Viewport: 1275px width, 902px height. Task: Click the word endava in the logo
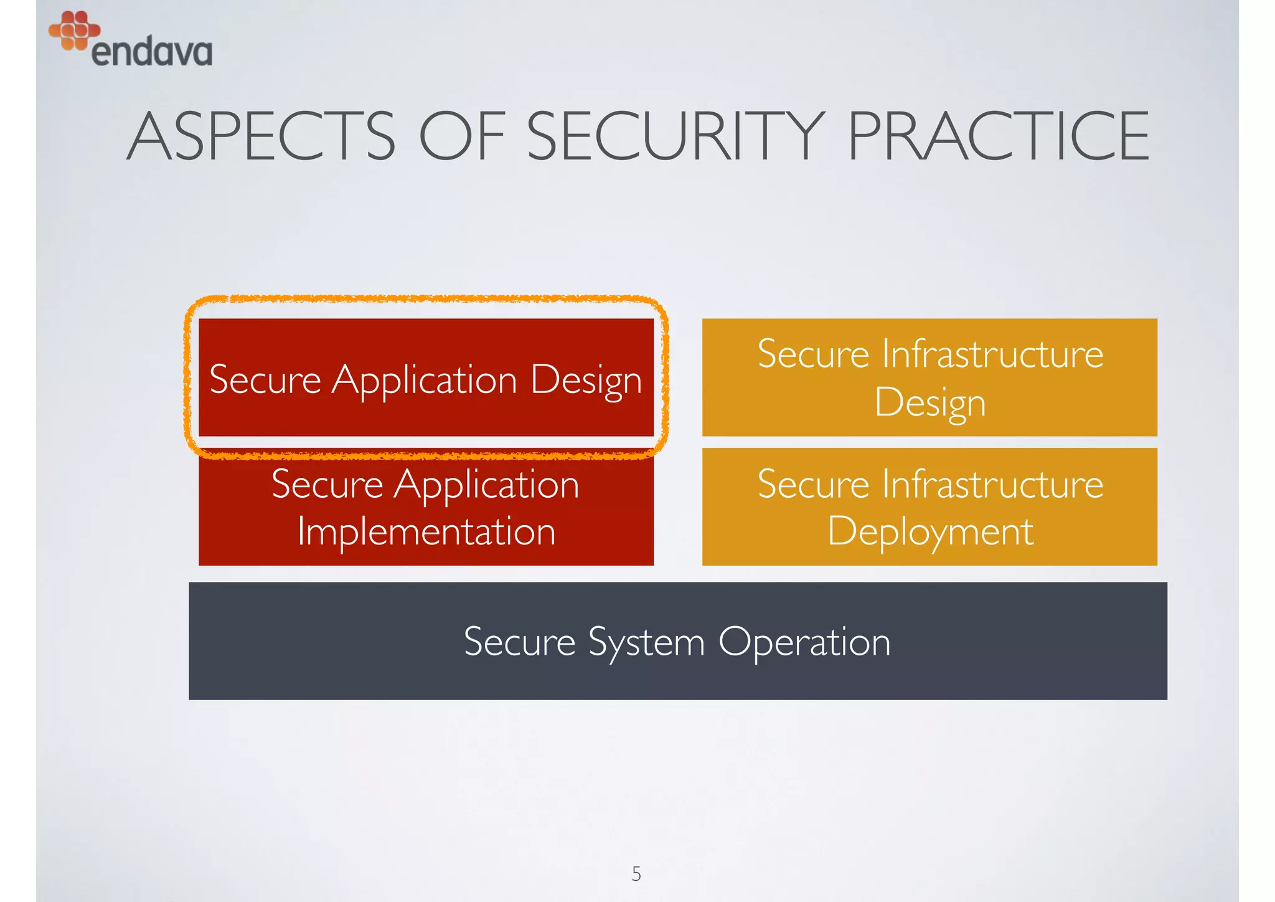click(152, 52)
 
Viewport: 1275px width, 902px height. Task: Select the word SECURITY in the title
click(676, 136)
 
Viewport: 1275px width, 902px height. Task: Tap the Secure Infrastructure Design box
click(929, 377)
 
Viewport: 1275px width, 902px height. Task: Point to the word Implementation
click(426, 531)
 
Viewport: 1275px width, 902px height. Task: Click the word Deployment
click(930, 531)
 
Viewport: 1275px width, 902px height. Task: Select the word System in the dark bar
click(646, 642)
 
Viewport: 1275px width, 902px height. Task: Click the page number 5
click(636, 873)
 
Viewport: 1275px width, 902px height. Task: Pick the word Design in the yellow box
click(930, 402)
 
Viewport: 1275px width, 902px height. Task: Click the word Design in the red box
click(586, 379)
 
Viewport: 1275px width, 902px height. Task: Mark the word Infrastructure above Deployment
click(992, 484)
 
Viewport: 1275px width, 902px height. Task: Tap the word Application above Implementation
click(486, 484)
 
